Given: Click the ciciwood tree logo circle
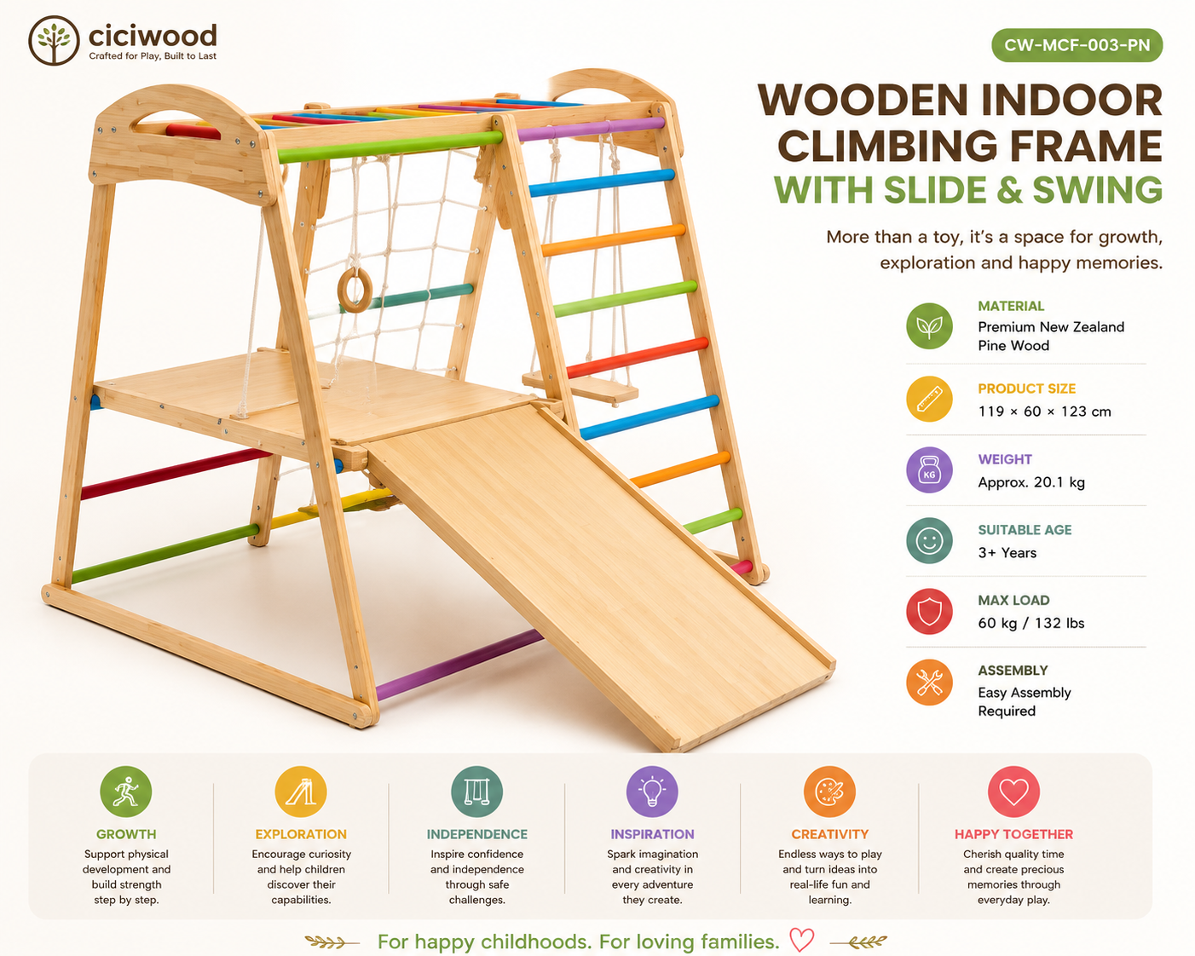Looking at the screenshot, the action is coord(54,41).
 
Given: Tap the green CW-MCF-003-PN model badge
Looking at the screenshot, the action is coord(1077,45).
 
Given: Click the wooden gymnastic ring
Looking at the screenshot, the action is coord(355,291).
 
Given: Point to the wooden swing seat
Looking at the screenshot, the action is coord(580,386).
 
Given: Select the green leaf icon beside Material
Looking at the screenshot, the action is coord(929,325).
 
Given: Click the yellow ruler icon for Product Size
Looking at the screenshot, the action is coord(929,399).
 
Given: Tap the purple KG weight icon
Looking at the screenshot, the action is coord(929,469).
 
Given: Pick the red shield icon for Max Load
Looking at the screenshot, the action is coord(929,611).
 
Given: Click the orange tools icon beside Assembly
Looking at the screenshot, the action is coord(929,682).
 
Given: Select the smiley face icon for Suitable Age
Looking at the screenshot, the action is coord(929,541).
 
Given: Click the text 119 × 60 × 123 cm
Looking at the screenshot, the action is coord(1044,412).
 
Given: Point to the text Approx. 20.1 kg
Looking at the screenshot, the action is coord(1031,482).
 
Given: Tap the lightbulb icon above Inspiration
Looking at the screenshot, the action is coord(652,792).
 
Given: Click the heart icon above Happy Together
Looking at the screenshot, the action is coord(1013,792).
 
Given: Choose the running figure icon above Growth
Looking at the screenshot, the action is coord(126,792).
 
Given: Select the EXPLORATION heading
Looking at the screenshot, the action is coord(301,834).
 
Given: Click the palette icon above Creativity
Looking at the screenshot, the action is coord(829,792).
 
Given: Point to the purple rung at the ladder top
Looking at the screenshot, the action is coord(591,129).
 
